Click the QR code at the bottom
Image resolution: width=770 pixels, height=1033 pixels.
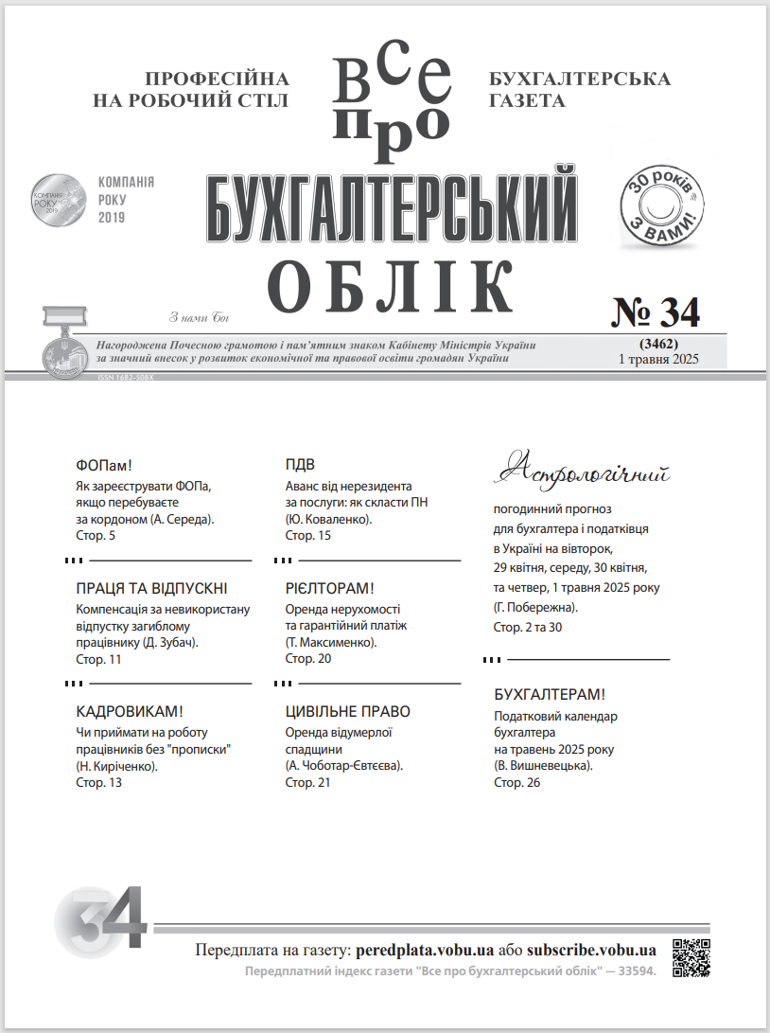click(691, 957)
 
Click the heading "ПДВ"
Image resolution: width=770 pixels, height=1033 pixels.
click(300, 465)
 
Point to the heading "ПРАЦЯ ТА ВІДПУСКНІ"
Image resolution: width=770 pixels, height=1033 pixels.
click(151, 588)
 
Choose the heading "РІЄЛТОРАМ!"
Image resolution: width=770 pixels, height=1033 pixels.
click(330, 588)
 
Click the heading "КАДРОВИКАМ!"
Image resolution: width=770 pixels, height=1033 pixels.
click(129, 712)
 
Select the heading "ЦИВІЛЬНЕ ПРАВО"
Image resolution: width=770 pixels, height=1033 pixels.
click(348, 712)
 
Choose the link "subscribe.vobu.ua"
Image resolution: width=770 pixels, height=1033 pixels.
click(591, 950)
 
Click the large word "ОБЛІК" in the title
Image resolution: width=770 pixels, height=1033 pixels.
click(392, 281)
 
